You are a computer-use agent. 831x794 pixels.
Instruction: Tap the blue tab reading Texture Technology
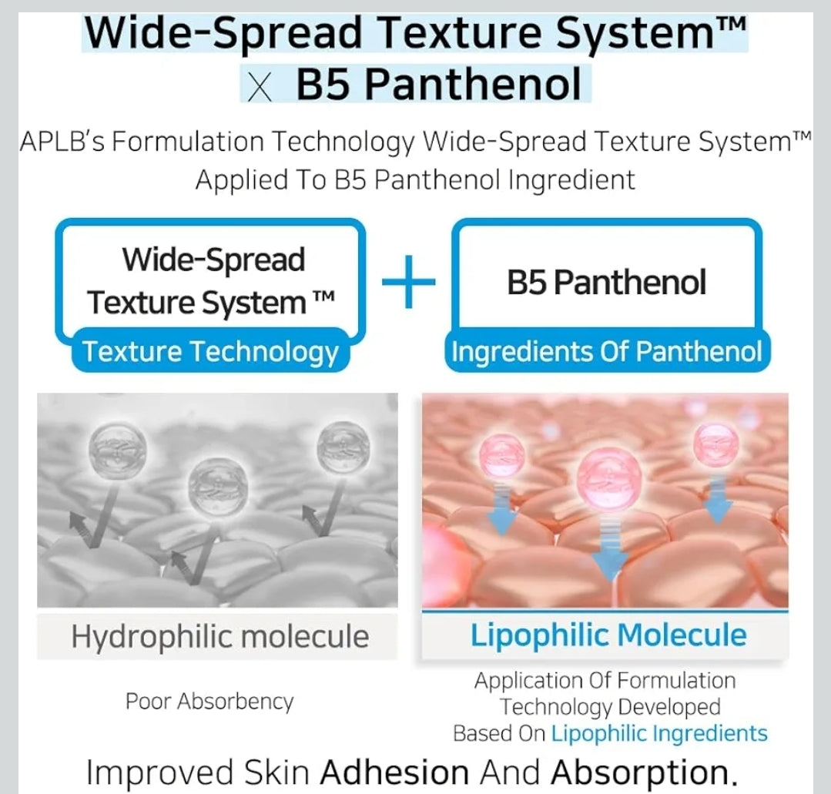210,352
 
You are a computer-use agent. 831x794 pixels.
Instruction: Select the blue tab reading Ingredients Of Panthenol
606,352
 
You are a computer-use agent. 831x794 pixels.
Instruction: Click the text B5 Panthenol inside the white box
606,283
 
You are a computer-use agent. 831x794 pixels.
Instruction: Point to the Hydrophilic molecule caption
219,637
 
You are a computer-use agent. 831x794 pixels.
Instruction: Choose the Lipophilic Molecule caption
608,635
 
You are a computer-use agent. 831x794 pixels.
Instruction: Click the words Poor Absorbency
209,702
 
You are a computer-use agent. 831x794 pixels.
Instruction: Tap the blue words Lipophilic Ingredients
659,733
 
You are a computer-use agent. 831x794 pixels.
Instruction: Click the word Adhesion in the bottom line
394,772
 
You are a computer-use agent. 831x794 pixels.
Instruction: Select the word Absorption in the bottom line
640,772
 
